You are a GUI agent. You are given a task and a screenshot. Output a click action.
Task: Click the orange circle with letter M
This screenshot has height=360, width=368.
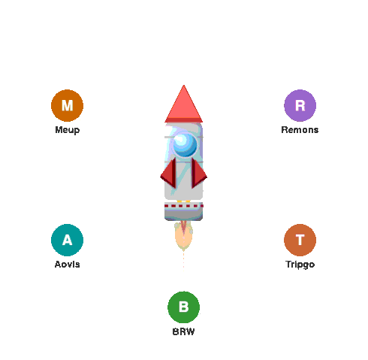67,105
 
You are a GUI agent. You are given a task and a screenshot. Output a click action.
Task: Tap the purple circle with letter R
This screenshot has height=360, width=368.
300,105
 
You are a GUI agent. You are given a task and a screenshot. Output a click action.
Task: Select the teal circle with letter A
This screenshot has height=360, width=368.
67,240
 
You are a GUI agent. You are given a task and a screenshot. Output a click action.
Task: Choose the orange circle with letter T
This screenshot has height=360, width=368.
300,240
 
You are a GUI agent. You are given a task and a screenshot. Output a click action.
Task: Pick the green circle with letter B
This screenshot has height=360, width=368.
183,307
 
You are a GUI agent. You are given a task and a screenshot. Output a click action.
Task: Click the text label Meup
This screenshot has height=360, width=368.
68,130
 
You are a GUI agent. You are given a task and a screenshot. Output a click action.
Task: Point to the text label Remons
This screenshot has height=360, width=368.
300,130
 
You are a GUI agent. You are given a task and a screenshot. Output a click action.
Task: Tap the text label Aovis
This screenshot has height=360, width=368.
67,265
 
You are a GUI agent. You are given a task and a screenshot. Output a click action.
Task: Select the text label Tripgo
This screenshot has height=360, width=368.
300,265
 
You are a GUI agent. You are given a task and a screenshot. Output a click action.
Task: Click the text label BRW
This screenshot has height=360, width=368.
183,331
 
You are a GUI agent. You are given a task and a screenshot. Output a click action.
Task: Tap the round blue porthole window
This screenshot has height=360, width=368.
185,145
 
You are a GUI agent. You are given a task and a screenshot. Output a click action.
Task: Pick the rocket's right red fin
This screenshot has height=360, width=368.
198,174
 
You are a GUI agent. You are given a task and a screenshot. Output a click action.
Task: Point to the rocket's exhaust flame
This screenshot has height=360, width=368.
183,237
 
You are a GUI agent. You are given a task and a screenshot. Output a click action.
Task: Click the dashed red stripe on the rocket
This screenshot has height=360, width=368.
183,206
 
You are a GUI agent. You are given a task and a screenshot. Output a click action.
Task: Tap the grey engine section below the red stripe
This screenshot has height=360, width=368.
183,214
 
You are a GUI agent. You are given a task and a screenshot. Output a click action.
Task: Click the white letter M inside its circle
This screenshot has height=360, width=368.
67,105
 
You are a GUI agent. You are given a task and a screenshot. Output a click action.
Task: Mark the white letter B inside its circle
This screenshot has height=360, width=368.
183,307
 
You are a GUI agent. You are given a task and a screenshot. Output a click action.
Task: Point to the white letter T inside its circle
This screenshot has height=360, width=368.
300,240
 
